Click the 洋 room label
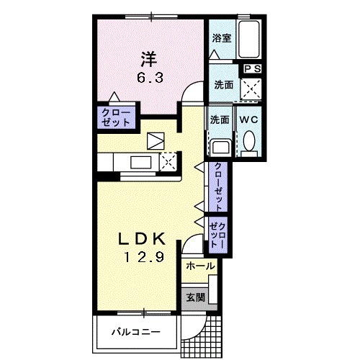point(149,59)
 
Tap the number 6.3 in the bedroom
point(150,78)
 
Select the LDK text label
point(142,239)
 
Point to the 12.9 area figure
point(144,257)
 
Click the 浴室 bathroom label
point(222,38)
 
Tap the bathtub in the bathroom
point(248,40)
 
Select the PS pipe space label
point(253,69)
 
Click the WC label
point(248,120)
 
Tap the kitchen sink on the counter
point(141,162)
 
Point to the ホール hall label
point(200,266)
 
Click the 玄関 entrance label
point(196,297)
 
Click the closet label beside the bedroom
point(116,117)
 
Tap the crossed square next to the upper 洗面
point(251,89)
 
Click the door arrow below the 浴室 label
point(214,55)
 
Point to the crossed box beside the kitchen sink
point(168,162)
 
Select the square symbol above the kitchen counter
point(156,141)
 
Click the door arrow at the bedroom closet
point(114,96)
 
